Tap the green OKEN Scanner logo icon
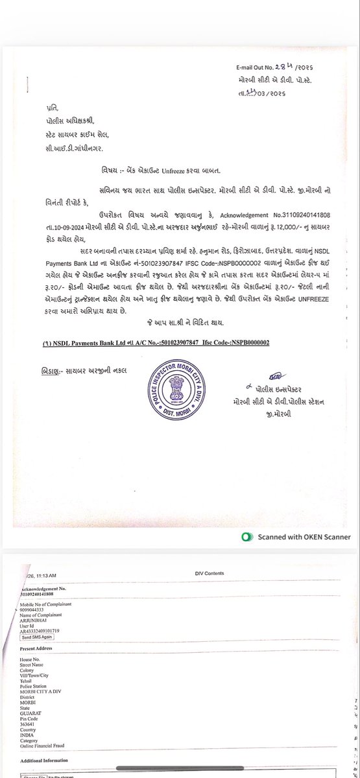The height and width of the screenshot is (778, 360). pos(246,537)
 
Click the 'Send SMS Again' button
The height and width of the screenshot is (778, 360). pos(40,637)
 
